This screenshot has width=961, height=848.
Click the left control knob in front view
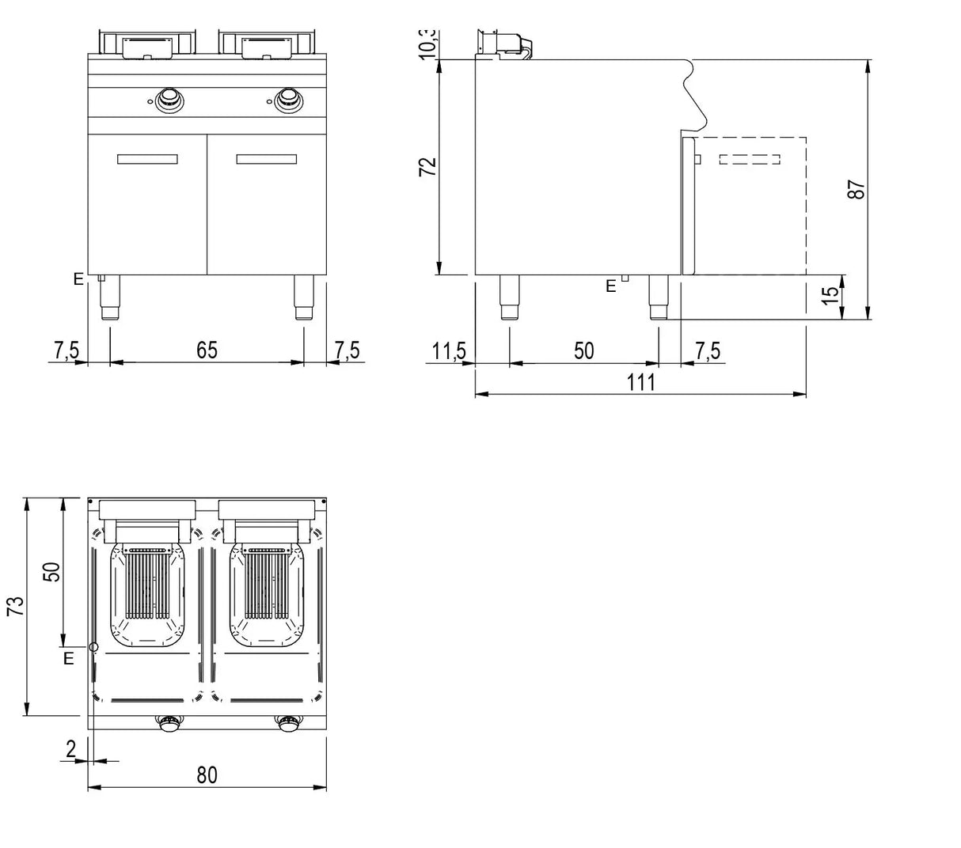coord(168,100)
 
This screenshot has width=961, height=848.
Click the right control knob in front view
coord(287,99)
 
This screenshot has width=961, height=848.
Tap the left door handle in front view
coord(147,159)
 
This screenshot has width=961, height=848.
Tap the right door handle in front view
coord(267,159)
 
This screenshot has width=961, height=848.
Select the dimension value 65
coord(207,350)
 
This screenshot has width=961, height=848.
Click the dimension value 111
coord(640,382)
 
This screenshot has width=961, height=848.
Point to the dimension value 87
coord(857,190)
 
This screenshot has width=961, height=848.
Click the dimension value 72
coord(427,167)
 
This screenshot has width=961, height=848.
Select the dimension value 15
coord(830,296)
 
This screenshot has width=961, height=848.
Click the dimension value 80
coord(207,775)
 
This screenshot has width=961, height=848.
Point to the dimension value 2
coord(71,749)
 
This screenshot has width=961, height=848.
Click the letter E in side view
coord(610,286)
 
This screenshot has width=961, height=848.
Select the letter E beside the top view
coord(69,658)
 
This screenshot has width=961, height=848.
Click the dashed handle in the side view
coord(750,160)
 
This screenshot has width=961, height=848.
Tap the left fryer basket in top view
coord(146,593)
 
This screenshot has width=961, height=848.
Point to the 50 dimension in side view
coord(583,350)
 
